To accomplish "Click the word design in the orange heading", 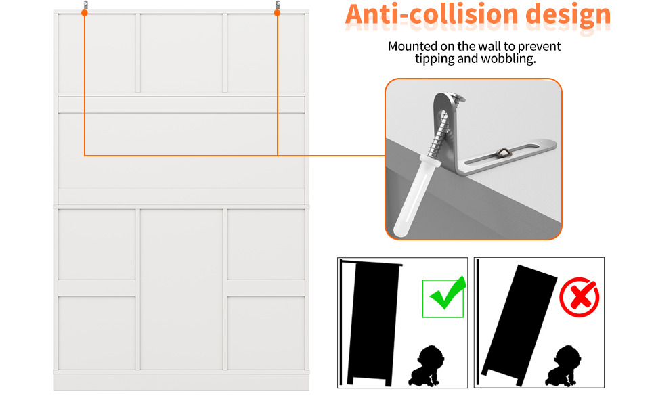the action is click(x=568, y=16).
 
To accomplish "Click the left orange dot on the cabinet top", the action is click(x=85, y=13).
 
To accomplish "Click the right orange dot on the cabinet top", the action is click(x=277, y=13).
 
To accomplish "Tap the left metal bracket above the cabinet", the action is click(x=85, y=5).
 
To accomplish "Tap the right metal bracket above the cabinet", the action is click(x=278, y=5).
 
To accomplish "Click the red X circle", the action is click(x=580, y=297).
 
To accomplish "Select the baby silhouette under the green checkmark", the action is click(x=427, y=366).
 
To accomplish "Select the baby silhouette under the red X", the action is click(x=565, y=366).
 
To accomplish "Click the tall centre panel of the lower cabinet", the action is click(x=181, y=289).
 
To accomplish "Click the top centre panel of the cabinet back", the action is click(x=181, y=53).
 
